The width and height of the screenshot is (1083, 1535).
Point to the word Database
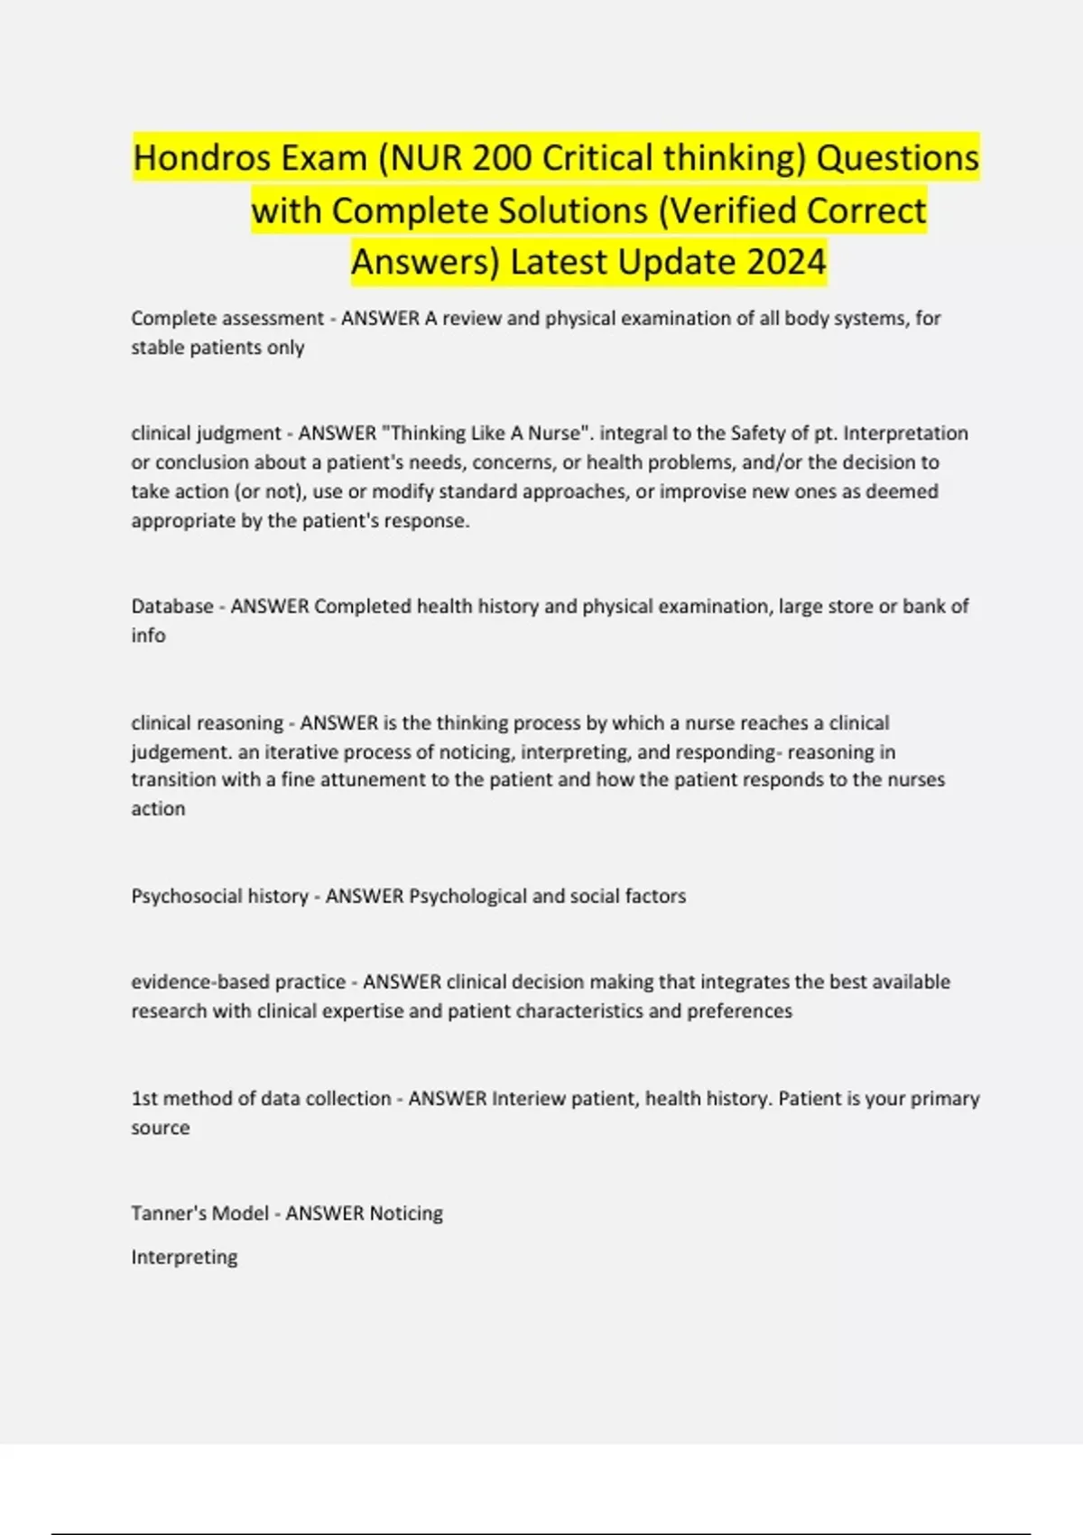tap(172, 606)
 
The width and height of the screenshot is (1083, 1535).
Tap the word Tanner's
tap(167, 1213)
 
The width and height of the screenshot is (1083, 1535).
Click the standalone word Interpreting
tap(184, 1257)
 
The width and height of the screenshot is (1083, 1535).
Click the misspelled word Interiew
tap(529, 1098)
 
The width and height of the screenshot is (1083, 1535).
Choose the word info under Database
tap(148, 635)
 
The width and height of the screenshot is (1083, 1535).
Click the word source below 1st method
tap(160, 1127)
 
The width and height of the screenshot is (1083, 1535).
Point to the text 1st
tap(143, 1098)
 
